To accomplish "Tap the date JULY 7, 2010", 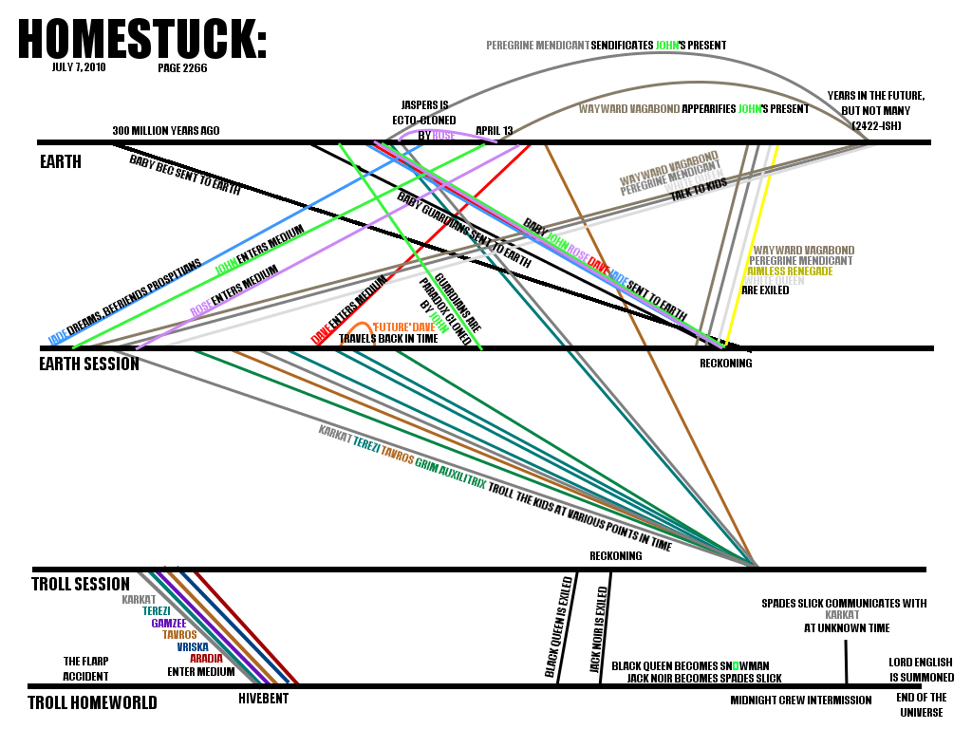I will [79, 68].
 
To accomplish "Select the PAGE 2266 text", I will [182, 68].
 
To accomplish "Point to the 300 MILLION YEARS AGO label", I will [166, 130].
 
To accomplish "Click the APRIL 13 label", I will [494, 130].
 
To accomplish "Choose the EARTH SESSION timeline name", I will [89, 364].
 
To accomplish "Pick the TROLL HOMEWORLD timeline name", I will [92, 703].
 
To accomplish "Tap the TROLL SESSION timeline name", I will [81, 584].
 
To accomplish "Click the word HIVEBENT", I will [263, 699].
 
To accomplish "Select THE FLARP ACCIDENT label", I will [86, 669].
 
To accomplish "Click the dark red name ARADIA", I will [206, 658].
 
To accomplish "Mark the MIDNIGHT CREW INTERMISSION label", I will [801, 701].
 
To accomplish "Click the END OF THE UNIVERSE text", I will [921, 704].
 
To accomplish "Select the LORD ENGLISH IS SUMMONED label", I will [921, 670].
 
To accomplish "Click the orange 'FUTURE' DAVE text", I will [403, 327].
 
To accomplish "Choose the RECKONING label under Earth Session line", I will [725, 363].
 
